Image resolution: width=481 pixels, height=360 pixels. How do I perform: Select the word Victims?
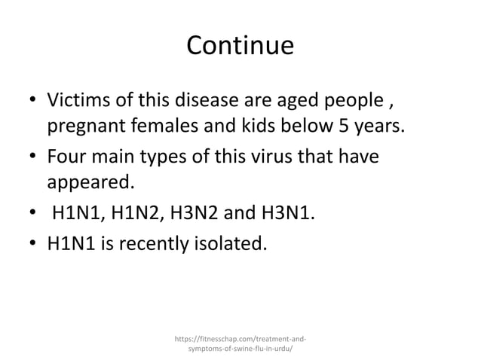tap(80, 100)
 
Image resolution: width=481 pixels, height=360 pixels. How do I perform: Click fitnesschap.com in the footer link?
tap(225, 338)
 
